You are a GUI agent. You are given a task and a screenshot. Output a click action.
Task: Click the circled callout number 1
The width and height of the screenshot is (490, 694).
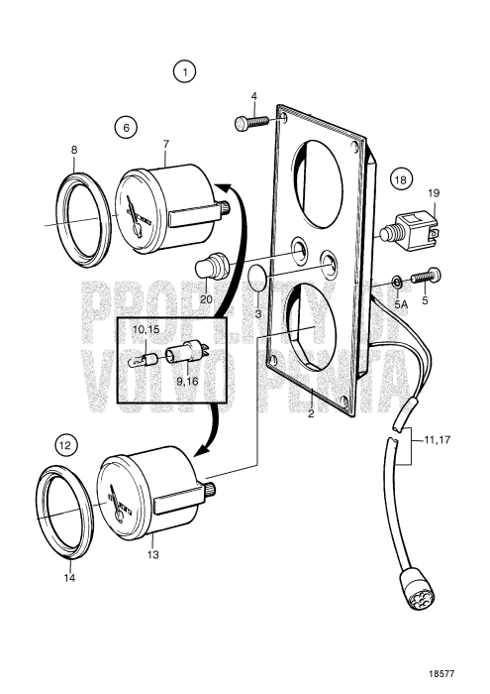click(184, 71)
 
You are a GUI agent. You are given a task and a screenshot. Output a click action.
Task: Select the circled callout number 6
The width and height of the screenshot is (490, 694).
click(125, 127)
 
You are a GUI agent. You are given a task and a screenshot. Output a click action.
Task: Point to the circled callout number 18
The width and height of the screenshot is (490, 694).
click(399, 180)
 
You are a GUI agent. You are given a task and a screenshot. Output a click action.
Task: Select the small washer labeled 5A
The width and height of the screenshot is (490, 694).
click(395, 281)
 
